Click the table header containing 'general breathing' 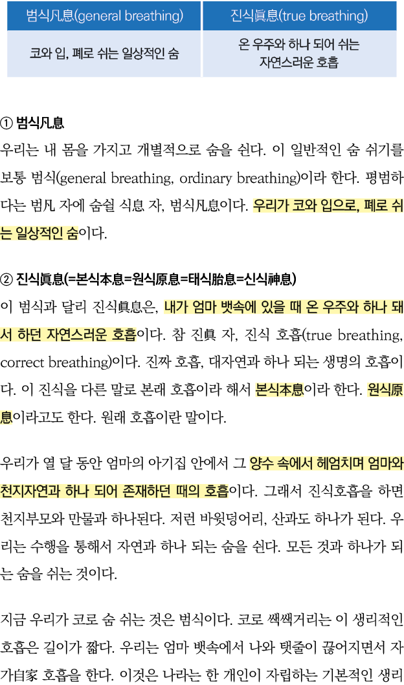pyautogui.click(x=104, y=16)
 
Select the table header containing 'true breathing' pyautogui.click(x=298, y=16)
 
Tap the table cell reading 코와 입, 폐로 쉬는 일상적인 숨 pyautogui.click(x=104, y=54)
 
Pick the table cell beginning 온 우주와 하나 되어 pyautogui.click(x=298, y=54)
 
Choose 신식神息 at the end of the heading pyautogui.click(x=266, y=279)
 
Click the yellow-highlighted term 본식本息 pyautogui.click(x=279, y=390)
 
